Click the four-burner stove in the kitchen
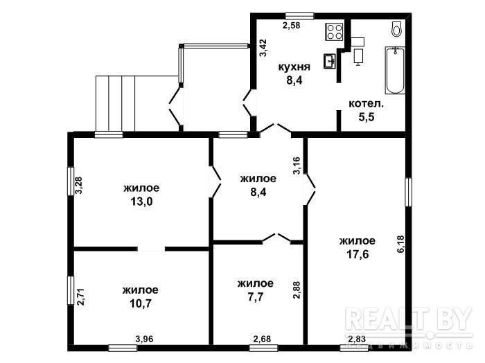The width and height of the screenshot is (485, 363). [335, 32]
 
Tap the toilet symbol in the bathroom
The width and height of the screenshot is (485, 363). [396, 29]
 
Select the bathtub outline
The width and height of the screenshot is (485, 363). [395, 70]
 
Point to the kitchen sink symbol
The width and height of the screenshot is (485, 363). [330, 61]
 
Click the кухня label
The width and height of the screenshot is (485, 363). [294, 67]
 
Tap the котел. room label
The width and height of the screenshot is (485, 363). [367, 104]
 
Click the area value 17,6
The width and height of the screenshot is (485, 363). [358, 254]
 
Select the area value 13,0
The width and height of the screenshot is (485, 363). [141, 202]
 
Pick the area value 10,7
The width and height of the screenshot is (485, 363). [141, 303]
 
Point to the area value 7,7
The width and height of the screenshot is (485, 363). [256, 296]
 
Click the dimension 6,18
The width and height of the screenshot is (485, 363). [400, 244]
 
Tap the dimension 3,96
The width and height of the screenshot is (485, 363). [144, 339]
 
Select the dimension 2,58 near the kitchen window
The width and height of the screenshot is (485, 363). [292, 26]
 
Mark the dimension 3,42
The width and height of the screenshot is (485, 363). [263, 48]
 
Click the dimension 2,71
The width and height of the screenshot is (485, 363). [80, 296]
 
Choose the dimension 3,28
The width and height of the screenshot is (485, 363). [79, 185]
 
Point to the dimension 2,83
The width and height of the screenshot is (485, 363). [357, 339]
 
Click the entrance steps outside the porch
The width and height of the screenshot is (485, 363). [116, 104]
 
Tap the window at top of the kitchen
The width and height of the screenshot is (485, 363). [299, 16]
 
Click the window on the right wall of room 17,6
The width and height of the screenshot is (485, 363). [409, 192]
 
